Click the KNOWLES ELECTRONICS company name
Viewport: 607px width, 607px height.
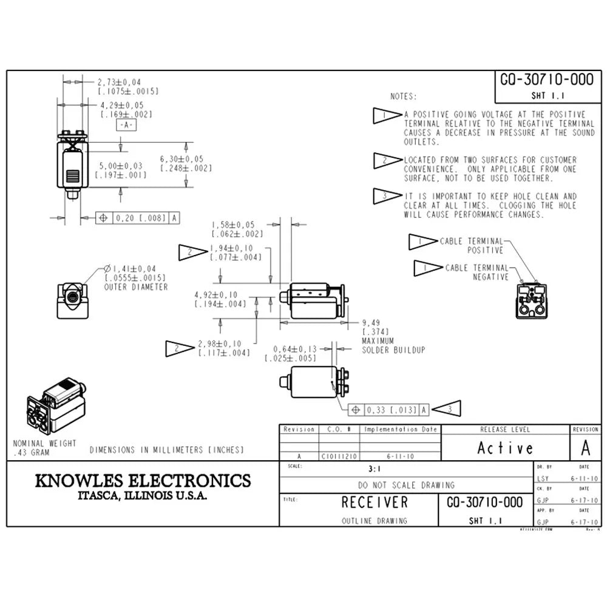(x=143, y=481)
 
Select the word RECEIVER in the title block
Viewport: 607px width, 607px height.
(x=375, y=503)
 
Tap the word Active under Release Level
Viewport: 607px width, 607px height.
(x=505, y=449)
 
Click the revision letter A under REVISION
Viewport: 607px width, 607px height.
(x=585, y=448)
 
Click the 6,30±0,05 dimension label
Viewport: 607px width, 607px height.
(x=181, y=159)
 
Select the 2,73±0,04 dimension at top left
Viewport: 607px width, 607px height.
(x=120, y=81)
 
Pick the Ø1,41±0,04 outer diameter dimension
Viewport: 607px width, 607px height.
(x=130, y=268)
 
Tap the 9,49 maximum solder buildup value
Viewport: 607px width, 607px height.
(x=371, y=322)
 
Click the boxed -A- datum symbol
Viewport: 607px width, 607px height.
(x=126, y=125)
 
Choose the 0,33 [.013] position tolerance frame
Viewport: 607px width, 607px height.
(x=388, y=410)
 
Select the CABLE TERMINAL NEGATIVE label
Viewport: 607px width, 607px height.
(x=477, y=272)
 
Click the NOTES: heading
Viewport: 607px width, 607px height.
(x=404, y=97)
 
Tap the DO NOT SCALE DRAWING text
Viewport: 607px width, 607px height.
(x=406, y=485)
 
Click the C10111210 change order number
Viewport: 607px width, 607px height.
(x=339, y=456)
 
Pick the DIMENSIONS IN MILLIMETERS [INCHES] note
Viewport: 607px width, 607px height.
(x=167, y=450)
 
